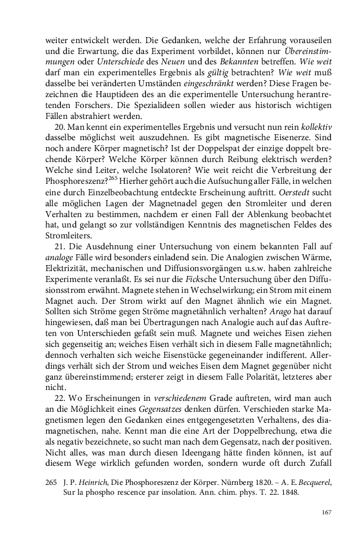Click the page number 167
[x=327, y=512]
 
